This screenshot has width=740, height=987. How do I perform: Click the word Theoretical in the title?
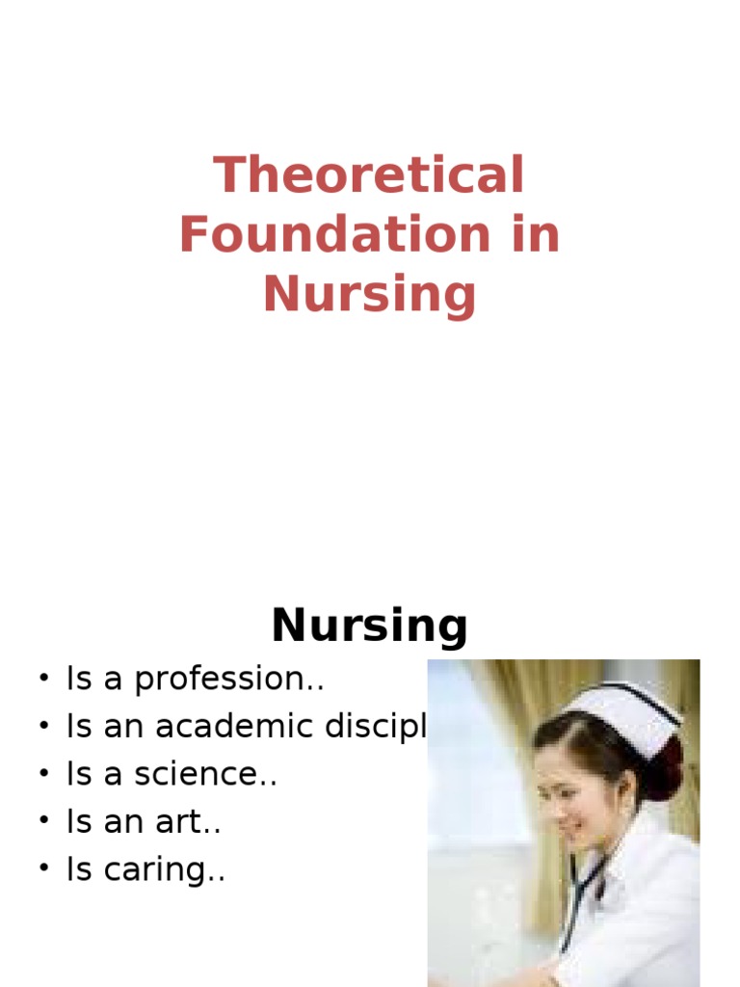(369, 176)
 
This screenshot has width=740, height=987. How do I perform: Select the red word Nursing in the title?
(369, 295)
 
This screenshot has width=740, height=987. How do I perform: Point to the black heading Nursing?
(369, 627)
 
